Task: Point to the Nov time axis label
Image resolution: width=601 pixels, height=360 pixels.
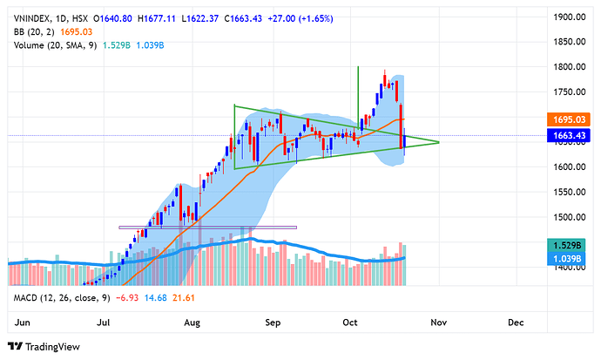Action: pyautogui.click(x=438, y=322)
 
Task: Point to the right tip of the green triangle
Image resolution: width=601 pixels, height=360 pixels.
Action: pyautogui.click(x=439, y=141)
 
